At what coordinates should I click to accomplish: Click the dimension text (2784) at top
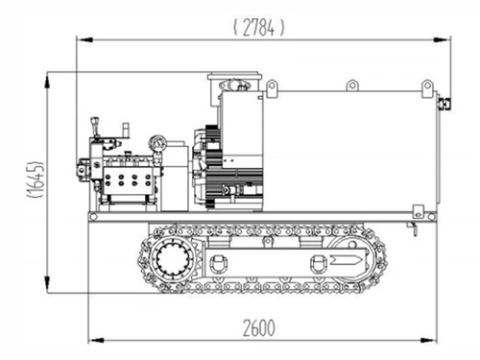tap(259, 27)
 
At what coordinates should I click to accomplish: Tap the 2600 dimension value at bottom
tap(258, 327)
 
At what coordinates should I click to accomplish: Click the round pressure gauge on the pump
tap(157, 144)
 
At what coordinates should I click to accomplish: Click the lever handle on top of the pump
tap(94, 126)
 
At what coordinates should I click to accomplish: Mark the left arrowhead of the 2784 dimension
tap(82, 40)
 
